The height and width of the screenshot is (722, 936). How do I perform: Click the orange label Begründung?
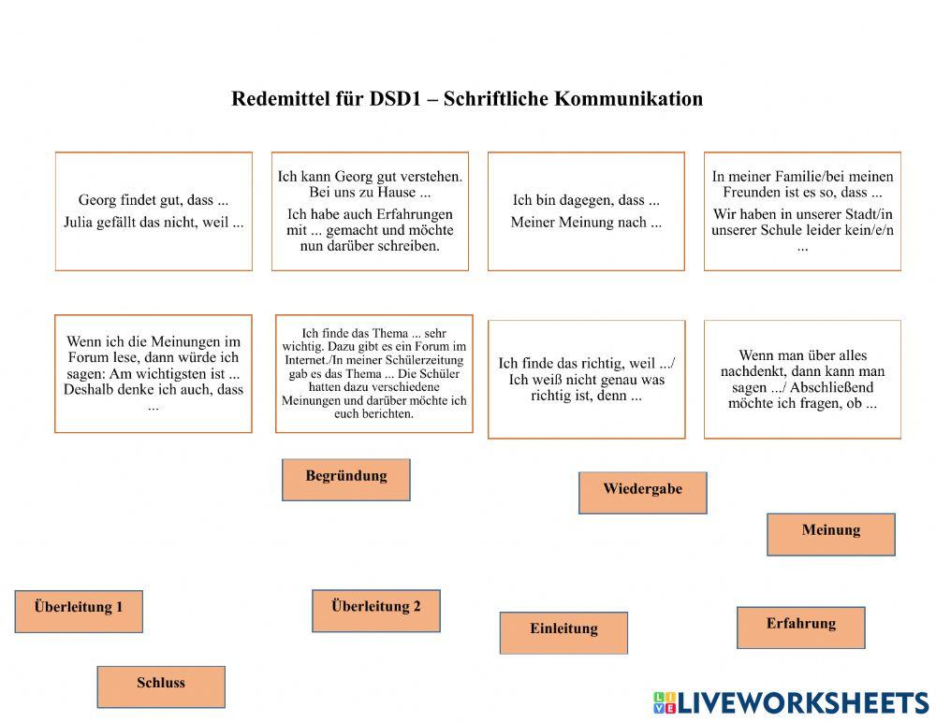[345, 479]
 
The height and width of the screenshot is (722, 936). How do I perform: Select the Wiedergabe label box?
[642, 492]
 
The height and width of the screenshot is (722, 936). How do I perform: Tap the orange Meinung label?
[830, 533]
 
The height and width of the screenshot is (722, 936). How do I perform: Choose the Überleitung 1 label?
[79, 611]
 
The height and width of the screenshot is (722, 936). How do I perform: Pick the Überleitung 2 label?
[375, 610]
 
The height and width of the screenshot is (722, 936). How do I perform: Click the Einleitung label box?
[563, 632]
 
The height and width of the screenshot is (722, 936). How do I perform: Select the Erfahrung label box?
[800, 627]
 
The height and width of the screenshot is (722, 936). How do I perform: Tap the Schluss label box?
[161, 686]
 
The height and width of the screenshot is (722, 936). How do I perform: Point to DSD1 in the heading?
[392, 99]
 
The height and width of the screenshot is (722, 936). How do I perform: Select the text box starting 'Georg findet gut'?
[154, 211]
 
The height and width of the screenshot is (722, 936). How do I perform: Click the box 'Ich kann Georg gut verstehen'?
[370, 211]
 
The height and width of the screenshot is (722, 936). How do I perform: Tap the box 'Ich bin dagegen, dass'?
[586, 211]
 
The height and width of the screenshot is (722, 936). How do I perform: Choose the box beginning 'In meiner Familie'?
[802, 211]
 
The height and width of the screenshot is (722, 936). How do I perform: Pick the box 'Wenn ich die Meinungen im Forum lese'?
[154, 373]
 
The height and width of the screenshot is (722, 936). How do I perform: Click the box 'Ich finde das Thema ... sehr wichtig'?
[373, 373]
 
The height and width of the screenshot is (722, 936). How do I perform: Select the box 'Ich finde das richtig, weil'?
[586, 379]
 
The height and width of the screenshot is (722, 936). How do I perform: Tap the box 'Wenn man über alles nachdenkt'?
[802, 379]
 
